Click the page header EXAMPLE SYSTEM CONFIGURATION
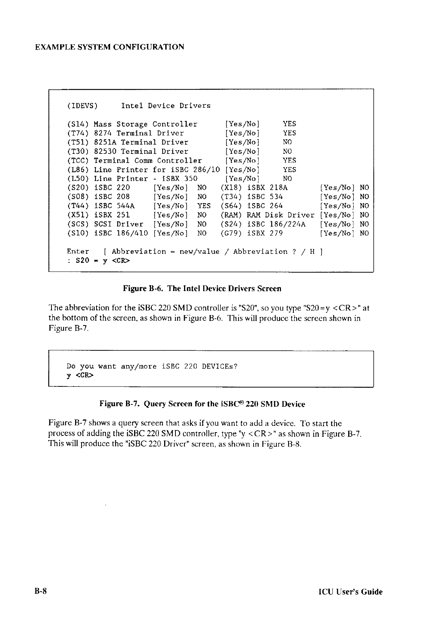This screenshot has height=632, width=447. coord(109,47)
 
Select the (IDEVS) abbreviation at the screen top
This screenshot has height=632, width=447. coord(82,106)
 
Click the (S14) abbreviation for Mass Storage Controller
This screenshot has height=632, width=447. coord(78,124)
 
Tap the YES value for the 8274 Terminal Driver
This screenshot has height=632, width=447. coord(289,133)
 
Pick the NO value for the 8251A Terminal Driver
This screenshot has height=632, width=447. coord(287,142)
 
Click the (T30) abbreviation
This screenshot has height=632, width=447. coord(78,151)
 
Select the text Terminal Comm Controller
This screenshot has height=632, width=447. coord(148,160)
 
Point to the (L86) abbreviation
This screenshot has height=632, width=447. coord(78,170)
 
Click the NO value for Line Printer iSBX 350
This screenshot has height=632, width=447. coord(287,179)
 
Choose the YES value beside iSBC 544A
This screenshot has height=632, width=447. coord(204,206)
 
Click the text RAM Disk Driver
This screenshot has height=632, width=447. coord(280,215)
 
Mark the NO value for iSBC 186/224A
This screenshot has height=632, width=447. coord(364,224)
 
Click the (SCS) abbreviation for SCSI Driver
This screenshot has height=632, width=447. coord(78,224)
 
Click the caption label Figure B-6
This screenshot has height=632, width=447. coord(143,288)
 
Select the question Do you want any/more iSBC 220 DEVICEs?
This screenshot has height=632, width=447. coord(152,366)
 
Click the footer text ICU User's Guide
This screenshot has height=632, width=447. coord(350,592)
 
